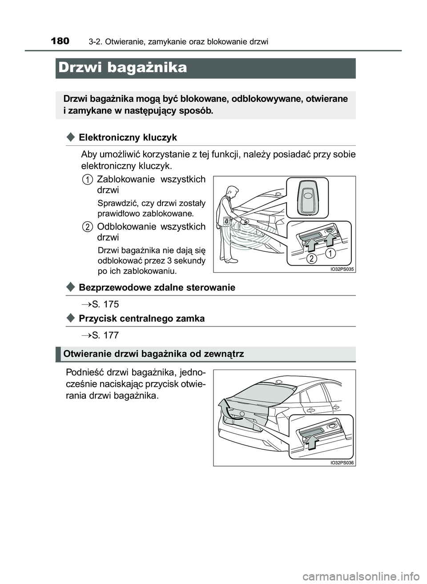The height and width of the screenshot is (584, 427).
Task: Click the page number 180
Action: [60, 42]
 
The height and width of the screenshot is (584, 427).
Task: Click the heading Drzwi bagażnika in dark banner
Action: [123, 68]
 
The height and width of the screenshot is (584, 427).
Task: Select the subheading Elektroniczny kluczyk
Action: [128, 137]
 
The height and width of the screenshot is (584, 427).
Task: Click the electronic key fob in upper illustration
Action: [307, 197]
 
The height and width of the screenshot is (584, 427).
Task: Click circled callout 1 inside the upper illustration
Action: [330, 254]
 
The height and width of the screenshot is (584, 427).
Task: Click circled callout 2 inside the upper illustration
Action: [312, 258]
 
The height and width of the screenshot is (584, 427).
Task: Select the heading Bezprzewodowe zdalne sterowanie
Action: [157, 287]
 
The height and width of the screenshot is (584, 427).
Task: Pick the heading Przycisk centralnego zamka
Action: [141, 318]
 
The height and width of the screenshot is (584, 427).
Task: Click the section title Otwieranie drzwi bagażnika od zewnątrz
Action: [153, 354]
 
